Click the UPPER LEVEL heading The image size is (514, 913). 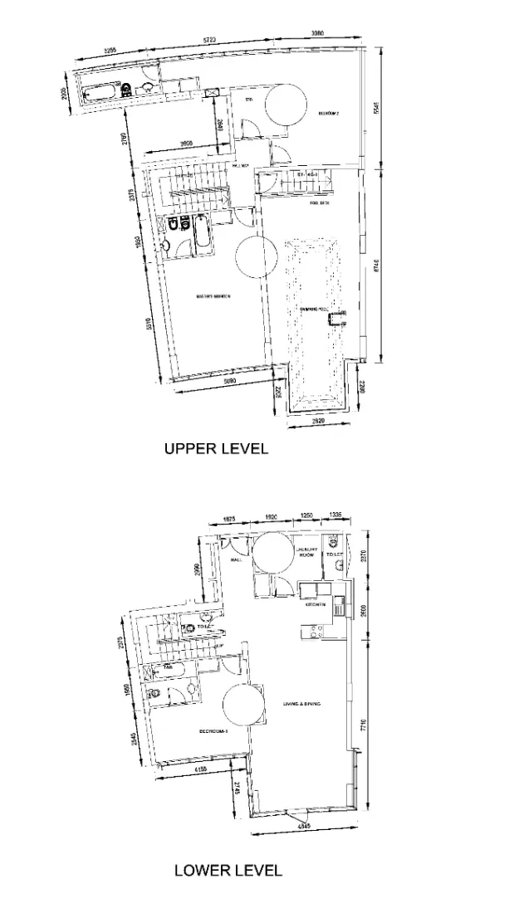click(x=216, y=449)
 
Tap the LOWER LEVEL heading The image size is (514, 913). click(x=228, y=871)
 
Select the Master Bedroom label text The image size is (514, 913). click(x=213, y=296)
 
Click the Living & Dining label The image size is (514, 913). click(x=301, y=704)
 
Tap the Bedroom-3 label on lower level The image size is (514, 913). click(x=213, y=732)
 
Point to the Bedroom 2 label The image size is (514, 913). click(x=330, y=113)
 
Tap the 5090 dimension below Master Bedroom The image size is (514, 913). click(x=220, y=381)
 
